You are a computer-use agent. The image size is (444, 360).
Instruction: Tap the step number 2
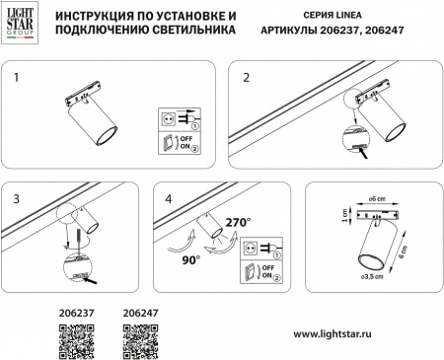click(x=247, y=77)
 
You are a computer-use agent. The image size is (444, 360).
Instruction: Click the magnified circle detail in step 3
click(x=69, y=263)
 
